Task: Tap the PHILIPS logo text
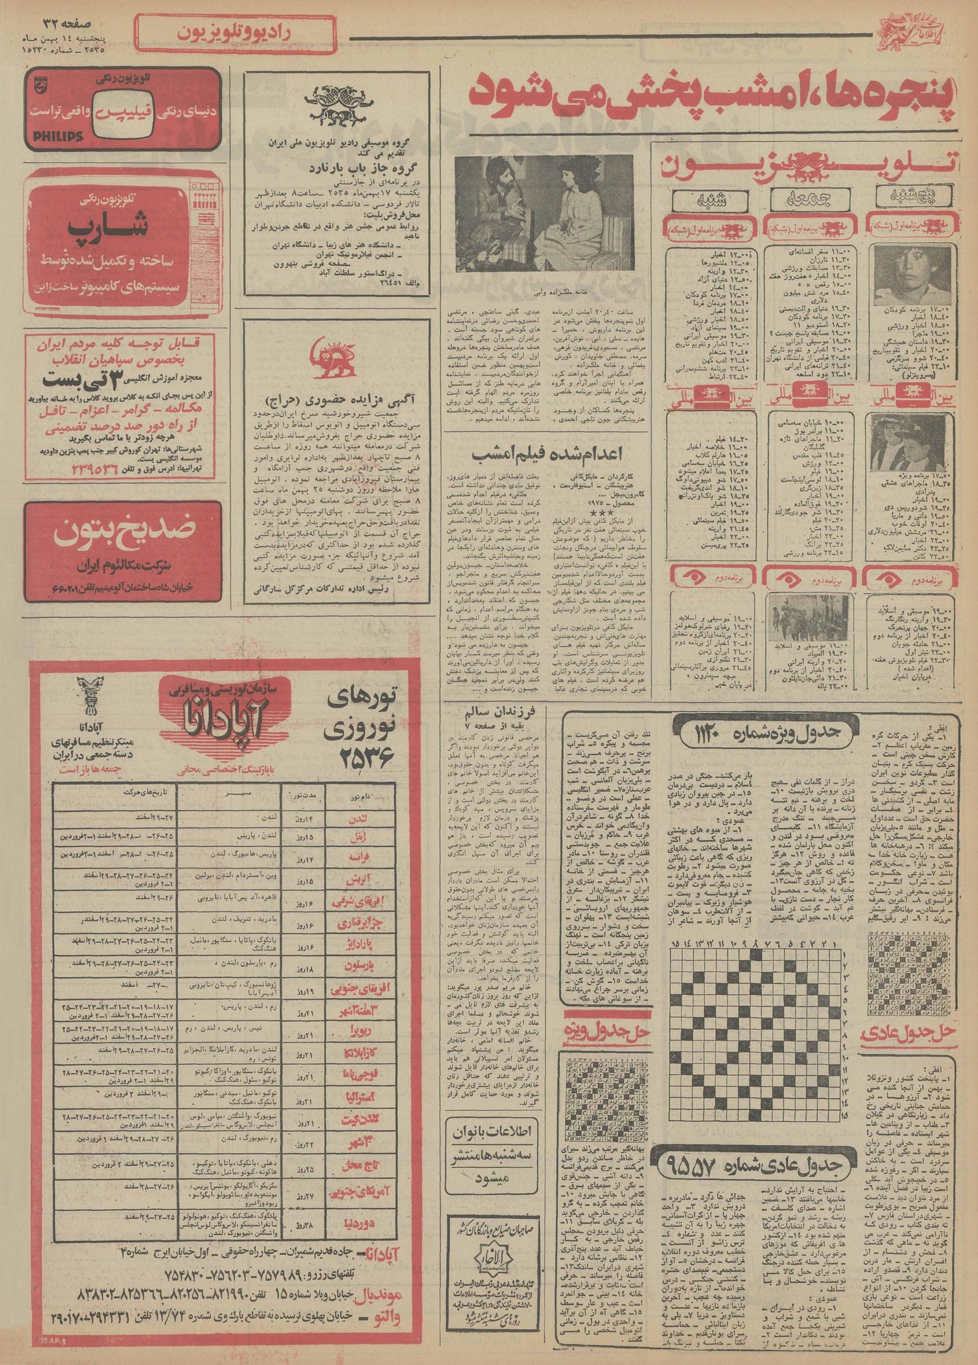click(x=56, y=136)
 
